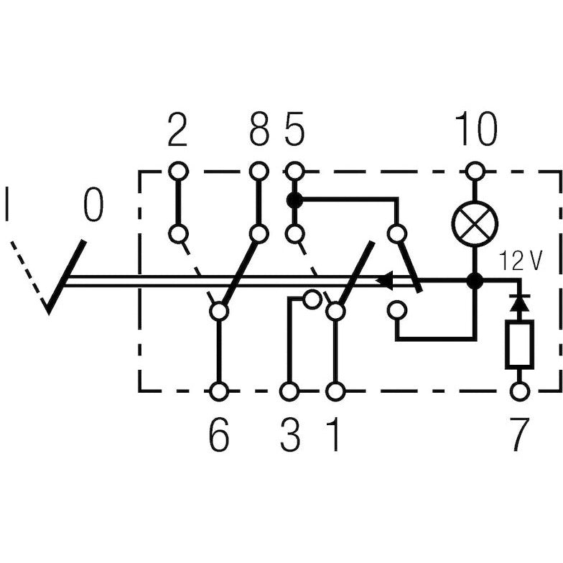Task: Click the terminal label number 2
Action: pyautogui.click(x=177, y=131)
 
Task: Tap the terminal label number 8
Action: pyautogui.click(x=259, y=131)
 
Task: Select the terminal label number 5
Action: pyautogui.click(x=294, y=131)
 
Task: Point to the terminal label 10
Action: pyautogui.click(x=475, y=131)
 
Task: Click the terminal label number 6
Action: pyautogui.click(x=219, y=435)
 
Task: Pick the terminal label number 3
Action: pyautogui.click(x=290, y=435)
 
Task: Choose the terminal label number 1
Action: pyautogui.click(x=333, y=435)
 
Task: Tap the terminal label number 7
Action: pyautogui.click(x=518, y=435)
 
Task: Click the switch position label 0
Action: pyautogui.click(x=92, y=205)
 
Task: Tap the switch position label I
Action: pyautogui.click(x=8, y=205)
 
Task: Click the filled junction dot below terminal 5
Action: pyautogui.click(x=294, y=200)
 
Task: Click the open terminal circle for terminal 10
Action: pyautogui.click(x=475, y=171)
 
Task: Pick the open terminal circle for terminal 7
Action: pyautogui.click(x=518, y=391)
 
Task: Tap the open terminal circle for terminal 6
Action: pyautogui.click(x=219, y=391)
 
